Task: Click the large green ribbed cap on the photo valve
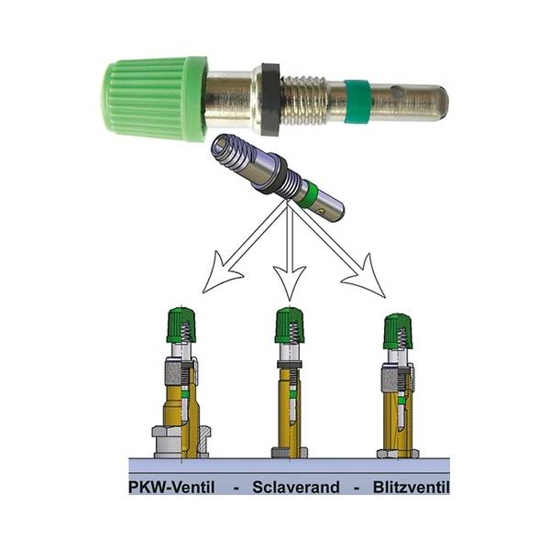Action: coord(154,99)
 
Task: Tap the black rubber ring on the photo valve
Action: coord(271,100)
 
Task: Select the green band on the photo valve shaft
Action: coord(357,102)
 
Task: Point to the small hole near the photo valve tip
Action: coord(396,93)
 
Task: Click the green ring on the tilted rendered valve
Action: coord(310,192)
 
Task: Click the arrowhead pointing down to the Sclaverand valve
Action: coord(290,281)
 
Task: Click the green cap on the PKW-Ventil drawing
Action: coord(181,325)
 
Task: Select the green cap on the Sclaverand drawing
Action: coord(289,325)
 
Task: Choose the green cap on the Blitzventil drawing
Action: coord(398,331)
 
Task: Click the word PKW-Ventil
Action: coord(171,488)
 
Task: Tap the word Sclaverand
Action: coord(296,488)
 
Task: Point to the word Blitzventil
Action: coord(411,488)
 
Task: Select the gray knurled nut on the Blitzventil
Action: coord(390,381)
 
